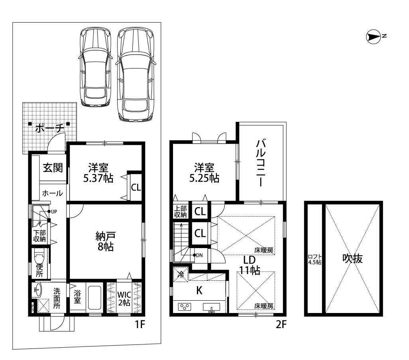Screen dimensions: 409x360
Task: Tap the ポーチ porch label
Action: (x=49, y=128)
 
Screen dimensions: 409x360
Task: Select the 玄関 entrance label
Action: (x=53, y=168)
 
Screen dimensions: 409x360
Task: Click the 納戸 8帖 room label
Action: (x=105, y=241)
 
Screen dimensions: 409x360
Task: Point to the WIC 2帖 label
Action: (x=124, y=299)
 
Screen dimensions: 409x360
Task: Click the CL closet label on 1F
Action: (x=136, y=187)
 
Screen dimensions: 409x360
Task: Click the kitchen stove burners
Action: (x=185, y=307)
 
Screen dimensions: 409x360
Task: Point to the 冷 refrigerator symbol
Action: (x=181, y=274)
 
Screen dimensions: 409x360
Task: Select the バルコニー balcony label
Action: (x=261, y=163)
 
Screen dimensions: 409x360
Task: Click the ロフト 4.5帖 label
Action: (x=315, y=260)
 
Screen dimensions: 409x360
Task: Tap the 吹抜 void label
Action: (x=353, y=258)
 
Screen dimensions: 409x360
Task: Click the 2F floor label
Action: (x=281, y=325)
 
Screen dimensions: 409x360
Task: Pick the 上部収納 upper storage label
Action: (x=181, y=211)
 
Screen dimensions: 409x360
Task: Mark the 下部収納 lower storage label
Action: (x=39, y=236)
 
